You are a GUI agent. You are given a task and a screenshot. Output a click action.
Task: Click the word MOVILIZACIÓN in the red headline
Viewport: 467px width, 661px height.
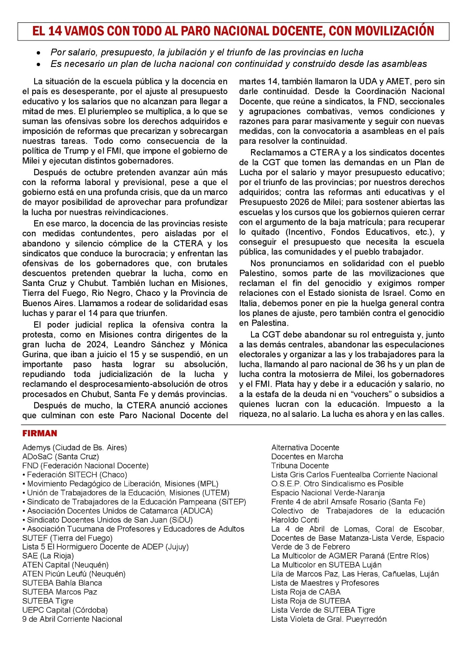click(x=394, y=31)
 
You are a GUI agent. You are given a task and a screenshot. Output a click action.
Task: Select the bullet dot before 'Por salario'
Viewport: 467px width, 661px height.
click(x=38, y=53)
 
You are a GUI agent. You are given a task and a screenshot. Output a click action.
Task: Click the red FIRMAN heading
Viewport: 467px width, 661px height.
click(x=40, y=433)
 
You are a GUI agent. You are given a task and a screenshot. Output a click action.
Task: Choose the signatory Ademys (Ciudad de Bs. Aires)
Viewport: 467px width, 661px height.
click(x=74, y=447)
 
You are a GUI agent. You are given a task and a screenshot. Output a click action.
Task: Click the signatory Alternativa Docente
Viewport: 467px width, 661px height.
click(x=305, y=447)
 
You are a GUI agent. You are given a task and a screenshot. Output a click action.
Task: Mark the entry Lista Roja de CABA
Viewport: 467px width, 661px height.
click(x=306, y=592)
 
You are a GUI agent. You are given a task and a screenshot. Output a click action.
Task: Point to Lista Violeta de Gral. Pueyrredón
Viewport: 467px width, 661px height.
click(x=329, y=619)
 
